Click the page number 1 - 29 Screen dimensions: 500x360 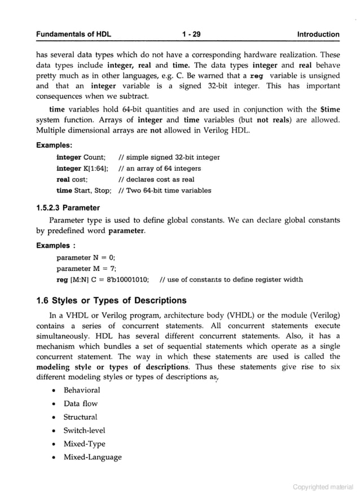(x=192, y=34)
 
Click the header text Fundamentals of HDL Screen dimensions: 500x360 (x=73, y=34)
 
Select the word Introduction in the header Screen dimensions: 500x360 (x=318, y=34)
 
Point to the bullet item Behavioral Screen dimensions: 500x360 (x=82, y=390)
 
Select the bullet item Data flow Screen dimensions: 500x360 (x=81, y=403)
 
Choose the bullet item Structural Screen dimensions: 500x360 (x=81, y=417)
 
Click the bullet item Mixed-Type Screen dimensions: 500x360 (x=85, y=444)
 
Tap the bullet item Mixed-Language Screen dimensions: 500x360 (x=93, y=458)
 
